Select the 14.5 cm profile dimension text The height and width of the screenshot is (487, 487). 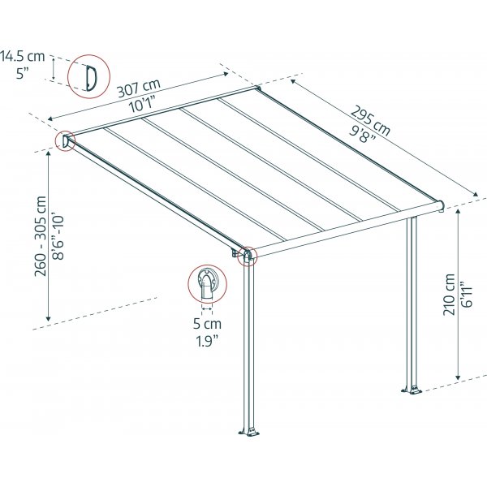(24, 56)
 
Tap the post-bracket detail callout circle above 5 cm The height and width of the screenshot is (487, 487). (206, 282)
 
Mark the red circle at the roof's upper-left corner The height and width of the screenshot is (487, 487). (65, 141)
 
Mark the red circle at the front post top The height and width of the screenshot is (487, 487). (247, 257)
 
